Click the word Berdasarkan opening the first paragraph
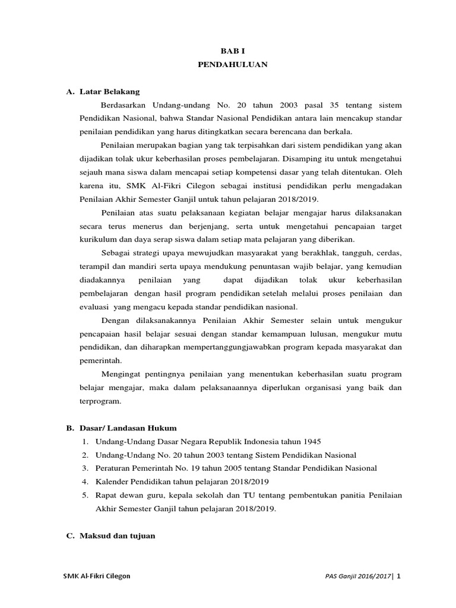coord(123,105)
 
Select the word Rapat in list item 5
coord(106,495)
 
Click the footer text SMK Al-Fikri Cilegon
coord(97,577)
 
